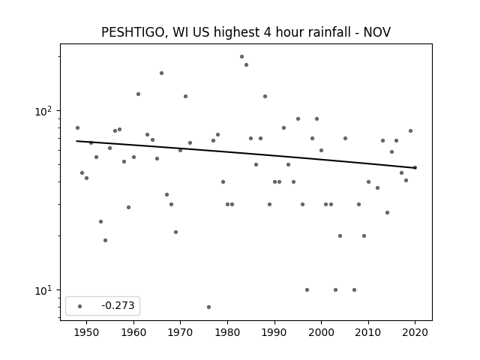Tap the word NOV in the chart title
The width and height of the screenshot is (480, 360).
pos(376,32)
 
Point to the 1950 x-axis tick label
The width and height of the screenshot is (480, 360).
pos(87,332)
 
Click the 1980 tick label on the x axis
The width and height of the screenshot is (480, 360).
pos(227,332)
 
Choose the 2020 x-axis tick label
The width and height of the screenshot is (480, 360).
pos(415,332)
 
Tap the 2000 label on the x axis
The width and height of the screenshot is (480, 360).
pos(321,332)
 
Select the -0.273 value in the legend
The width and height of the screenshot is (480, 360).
pos(118,305)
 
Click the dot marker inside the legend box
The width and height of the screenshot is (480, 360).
pos(80,306)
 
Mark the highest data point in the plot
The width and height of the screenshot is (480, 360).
pos(241,57)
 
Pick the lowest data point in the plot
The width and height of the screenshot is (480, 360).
pos(208,307)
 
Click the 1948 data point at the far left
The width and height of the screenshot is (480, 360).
pos(77,128)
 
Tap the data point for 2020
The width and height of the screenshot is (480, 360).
pos(415,167)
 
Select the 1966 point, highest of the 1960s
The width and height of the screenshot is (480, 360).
pos(162,73)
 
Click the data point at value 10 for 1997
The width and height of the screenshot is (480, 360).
pos(307,290)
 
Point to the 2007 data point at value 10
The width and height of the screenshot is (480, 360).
pos(354,290)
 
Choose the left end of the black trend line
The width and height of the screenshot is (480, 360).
pos(76,141)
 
